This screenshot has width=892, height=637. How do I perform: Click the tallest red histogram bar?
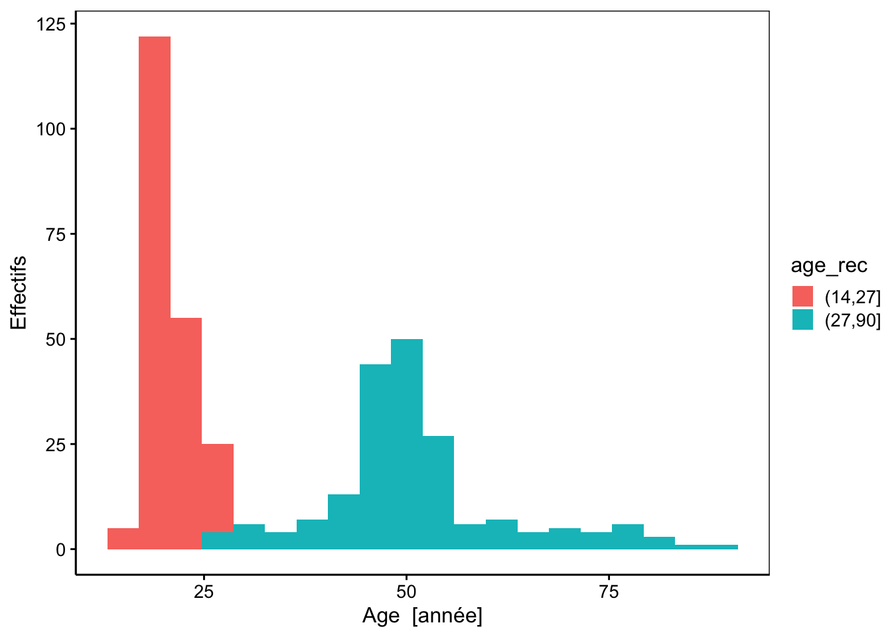click(x=155, y=293)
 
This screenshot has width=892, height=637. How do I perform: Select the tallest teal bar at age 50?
click(x=407, y=444)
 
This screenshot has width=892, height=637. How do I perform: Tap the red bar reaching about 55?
click(x=186, y=433)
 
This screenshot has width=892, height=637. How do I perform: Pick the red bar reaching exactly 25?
click(x=218, y=488)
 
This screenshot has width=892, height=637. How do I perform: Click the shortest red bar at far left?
click(x=123, y=539)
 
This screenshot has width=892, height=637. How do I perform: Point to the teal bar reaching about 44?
click(x=375, y=457)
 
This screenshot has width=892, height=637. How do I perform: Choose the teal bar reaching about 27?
click(x=438, y=492)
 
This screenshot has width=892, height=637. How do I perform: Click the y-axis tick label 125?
click(x=51, y=25)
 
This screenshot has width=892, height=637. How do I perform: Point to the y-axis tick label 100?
click(x=51, y=129)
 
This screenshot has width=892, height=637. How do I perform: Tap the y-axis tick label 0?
click(x=60, y=550)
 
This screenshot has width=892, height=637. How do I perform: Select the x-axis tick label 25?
click(x=204, y=592)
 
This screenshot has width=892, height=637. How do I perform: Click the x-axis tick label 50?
click(x=407, y=592)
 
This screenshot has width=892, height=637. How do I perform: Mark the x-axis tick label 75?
click(x=609, y=592)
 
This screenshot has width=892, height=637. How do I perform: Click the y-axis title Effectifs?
click(x=19, y=293)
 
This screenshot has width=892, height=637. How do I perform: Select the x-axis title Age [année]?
click(x=422, y=616)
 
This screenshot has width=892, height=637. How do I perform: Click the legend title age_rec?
click(x=829, y=265)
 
